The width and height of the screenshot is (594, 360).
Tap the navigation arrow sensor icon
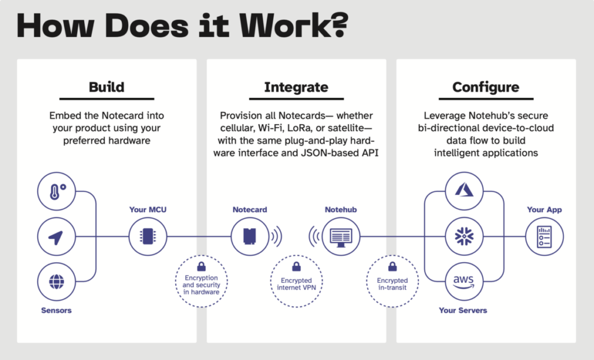[56, 237]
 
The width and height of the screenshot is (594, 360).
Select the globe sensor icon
[56, 282]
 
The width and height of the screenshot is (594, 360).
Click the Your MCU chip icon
[147, 237]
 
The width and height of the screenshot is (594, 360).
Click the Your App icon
[544, 237]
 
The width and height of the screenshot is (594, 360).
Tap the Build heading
[106, 88]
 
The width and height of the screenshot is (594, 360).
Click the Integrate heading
[296, 88]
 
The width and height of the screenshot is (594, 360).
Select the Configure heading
[486, 88]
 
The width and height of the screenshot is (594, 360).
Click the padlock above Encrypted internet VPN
[296, 267]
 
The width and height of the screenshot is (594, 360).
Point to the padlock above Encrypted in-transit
[392, 267]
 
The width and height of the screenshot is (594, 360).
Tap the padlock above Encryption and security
[201, 266]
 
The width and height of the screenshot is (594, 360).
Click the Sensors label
[56, 310]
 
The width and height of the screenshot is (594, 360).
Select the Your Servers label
[463, 310]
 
